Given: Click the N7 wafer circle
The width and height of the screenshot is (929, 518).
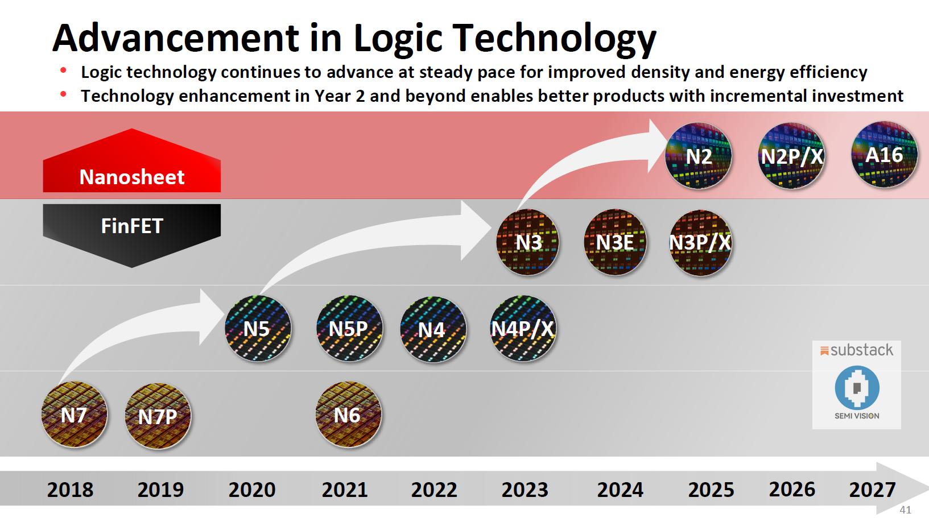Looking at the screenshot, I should click(x=75, y=415).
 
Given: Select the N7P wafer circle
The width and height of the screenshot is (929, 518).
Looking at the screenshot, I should click(x=158, y=416).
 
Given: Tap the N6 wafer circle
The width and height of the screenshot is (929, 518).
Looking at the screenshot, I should click(x=348, y=415).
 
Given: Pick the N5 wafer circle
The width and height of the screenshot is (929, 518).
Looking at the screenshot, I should click(x=258, y=329).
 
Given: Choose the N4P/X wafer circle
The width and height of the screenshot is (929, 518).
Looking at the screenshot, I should click(x=523, y=329).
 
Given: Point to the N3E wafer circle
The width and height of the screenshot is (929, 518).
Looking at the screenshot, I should click(x=615, y=242).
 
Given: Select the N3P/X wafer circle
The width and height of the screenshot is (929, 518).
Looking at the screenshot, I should click(x=700, y=243).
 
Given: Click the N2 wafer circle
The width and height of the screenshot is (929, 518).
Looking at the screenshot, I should click(x=699, y=156).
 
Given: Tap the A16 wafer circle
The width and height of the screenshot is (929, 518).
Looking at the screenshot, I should click(x=884, y=155).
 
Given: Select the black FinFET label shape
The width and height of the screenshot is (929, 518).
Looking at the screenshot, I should click(x=132, y=230).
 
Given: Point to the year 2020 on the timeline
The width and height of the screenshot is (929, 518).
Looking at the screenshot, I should click(x=252, y=490).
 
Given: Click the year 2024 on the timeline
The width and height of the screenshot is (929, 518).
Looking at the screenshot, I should click(x=620, y=490).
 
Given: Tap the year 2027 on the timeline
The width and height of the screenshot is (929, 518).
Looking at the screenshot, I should click(x=872, y=490).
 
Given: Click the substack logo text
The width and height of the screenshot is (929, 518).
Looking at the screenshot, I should click(x=861, y=350).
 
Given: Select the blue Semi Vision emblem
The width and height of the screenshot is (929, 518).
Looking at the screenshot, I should click(x=857, y=387).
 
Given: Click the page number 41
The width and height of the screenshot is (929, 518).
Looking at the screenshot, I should click(x=905, y=510).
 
